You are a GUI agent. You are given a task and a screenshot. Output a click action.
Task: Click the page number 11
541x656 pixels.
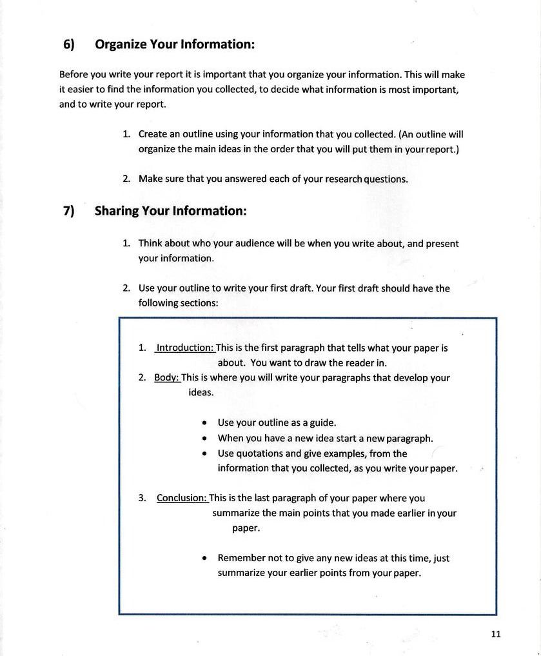click(x=495, y=634)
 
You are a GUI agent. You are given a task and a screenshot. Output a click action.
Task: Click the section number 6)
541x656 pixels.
click(x=69, y=45)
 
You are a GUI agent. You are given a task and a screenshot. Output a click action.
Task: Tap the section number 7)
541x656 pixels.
click(x=69, y=211)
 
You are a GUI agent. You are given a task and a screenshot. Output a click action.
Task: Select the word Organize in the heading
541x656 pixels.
click(x=121, y=45)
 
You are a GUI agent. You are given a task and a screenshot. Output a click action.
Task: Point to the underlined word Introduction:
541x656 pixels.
click(x=185, y=348)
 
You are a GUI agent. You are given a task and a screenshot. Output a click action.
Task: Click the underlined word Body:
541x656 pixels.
click(x=166, y=377)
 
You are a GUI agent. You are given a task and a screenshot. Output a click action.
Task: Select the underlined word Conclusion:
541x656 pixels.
click(x=182, y=498)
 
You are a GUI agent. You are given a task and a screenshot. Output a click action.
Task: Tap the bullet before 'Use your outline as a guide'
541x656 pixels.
click(x=204, y=423)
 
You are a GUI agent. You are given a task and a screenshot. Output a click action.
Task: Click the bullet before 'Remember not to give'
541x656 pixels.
click(x=204, y=558)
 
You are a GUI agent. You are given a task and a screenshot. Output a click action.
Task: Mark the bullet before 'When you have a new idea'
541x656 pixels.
click(x=204, y=438)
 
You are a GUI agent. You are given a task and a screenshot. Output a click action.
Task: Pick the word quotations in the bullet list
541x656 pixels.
click(x=259, y=453)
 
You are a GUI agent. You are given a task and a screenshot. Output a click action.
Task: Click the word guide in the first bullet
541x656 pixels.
click(x=322, y=423)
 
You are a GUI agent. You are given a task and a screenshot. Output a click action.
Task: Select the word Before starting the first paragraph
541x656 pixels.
click(x=74, y=75)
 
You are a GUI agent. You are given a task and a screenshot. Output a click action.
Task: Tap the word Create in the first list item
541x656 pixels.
click(x=153, y=134)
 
